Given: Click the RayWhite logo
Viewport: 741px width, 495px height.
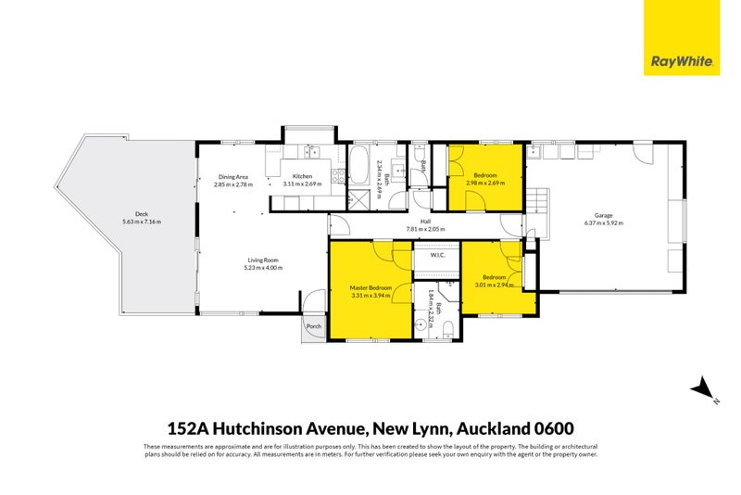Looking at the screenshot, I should pos(681,38).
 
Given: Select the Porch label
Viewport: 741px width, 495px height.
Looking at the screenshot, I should pos(314,325).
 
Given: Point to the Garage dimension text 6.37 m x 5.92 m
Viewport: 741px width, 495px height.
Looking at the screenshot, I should pos(603,223).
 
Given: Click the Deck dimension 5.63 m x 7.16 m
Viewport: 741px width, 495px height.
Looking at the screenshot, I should pos(141,222).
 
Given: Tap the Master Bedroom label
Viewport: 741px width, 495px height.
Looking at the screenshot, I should pos(370,287).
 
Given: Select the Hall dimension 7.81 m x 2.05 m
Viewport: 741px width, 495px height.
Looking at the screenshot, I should pos(425,229).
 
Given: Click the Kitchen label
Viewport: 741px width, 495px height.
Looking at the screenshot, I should pos(303,176).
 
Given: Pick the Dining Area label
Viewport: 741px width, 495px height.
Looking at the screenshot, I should pos(232,176).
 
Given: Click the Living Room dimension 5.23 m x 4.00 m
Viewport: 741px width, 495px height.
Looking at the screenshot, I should pos(264,268).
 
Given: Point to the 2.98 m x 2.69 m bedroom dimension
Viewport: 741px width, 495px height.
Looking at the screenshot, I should pos(485,183).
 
